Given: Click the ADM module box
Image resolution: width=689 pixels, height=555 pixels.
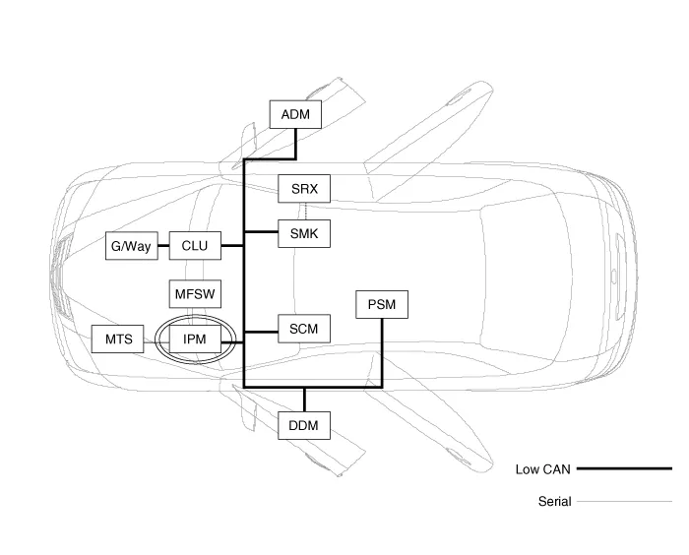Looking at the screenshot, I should (x=295, y=115).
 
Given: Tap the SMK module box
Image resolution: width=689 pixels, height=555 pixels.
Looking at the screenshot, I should (x=304, y=234).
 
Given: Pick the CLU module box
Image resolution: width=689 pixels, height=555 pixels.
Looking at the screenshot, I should (x=195, y=246).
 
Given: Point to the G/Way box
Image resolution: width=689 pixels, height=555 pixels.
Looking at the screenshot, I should (x=131, y=246).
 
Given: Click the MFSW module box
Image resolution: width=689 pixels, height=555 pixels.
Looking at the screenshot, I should (x=195, y=293).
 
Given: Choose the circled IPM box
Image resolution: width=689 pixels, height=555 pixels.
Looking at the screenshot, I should (x=195, y=339).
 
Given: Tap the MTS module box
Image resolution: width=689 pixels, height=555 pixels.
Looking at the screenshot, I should (x=118, y=339).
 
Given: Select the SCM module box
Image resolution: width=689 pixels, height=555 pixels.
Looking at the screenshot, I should (x=304, y=329).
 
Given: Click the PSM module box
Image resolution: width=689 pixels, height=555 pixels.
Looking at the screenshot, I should (x=381, y=305).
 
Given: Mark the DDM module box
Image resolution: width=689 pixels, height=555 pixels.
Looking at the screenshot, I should (x=304, y=426).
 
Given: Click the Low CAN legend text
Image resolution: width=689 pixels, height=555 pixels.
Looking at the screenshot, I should (x=542, y=469).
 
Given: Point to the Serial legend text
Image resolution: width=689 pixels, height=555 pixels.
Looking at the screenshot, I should (x=554, y=502).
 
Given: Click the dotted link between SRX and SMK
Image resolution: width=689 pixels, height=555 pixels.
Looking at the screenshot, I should (x=304, y=212).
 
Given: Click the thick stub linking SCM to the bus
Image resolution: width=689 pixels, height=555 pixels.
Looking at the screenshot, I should (x=261, y=330).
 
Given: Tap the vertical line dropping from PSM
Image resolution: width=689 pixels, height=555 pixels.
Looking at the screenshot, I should (x=381, y=351).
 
